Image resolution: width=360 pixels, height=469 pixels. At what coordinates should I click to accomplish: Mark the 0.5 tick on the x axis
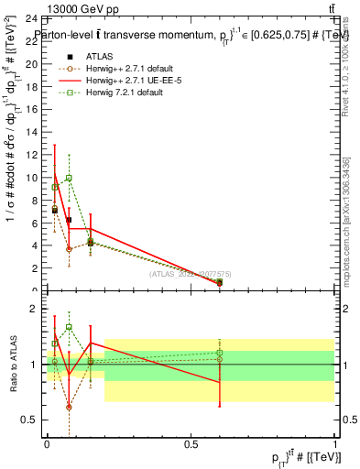coord(191,447)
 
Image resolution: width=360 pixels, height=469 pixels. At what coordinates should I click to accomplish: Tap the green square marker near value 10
coord(69,178)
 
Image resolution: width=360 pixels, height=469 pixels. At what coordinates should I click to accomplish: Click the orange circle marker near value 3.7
coord(69,249)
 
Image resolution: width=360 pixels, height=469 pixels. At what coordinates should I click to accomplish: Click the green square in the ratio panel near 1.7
coord(69,326)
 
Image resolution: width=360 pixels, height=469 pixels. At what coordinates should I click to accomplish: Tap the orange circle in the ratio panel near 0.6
coord(69,407)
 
